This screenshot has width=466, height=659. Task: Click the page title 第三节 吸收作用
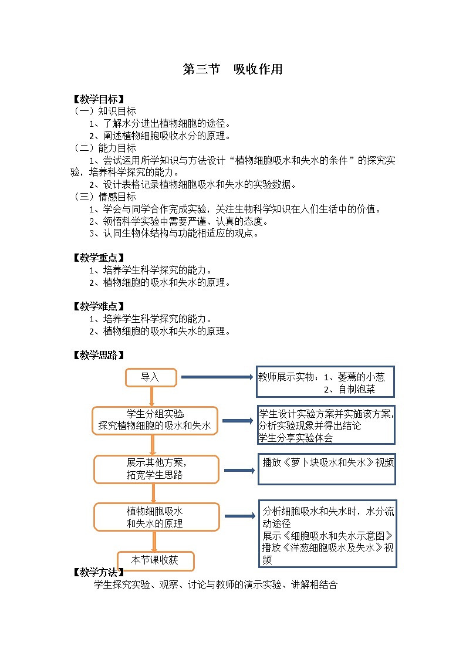(x=233, y=69)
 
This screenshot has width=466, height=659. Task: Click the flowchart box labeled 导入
(x=151, y=377)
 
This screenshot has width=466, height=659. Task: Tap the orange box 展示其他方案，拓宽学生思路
(x=156, y=469)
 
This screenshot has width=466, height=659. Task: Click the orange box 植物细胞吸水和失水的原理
(x=156, y=517)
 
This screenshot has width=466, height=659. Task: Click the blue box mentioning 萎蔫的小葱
(x=325, y=382)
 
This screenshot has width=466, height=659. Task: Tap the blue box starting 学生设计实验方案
(x=326, y=425)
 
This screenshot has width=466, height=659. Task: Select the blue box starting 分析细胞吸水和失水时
(x=327, y=533)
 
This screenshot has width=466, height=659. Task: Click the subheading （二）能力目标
(x=104, y=148)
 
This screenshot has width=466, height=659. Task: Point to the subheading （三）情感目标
(x=104, y=197)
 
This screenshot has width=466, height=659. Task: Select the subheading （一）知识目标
(x=104, y=111)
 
